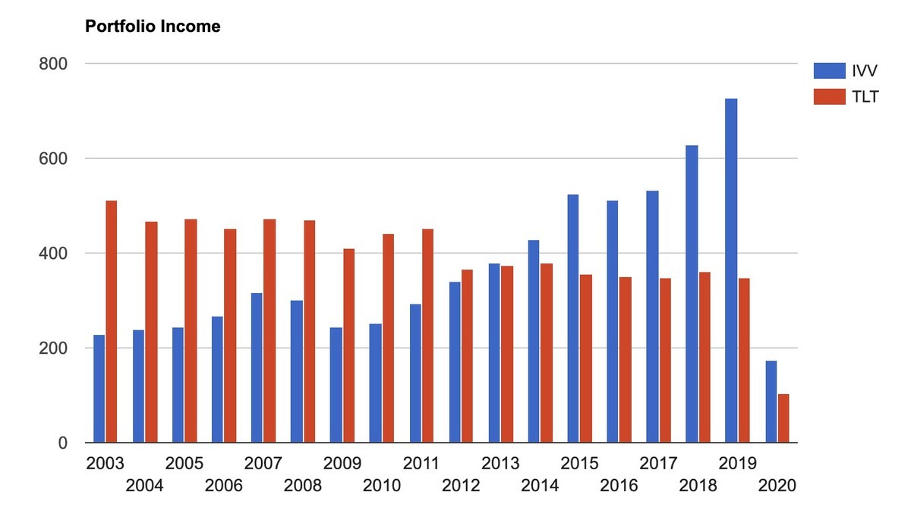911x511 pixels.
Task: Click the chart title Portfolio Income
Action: tap(153, 27)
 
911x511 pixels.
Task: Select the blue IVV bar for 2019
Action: tap(731, 270)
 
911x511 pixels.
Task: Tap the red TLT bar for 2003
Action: tap(112, 321)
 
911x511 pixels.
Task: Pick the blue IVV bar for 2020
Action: tap(771, 402)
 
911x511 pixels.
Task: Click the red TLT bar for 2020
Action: tap(783, 418)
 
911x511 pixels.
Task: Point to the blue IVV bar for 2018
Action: tap(692, 294)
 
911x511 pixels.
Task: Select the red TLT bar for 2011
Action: tap(427, 336)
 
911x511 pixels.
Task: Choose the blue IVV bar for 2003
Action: tap(99, 389)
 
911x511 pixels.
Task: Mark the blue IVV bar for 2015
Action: tap(573, 319)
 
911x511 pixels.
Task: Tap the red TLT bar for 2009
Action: tap(348, 345)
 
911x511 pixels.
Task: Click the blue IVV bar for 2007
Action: tap(257, 367)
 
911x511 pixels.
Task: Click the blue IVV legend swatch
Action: tap(829, 71)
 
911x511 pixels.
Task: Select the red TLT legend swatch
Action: tap(829, 97)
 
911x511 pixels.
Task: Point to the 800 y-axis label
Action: tap(53, 64)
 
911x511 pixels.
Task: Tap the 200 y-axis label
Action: tap(53, 349)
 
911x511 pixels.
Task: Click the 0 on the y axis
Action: tap(62, 443)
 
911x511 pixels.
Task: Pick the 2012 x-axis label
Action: tap(461, 485)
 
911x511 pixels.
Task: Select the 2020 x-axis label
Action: tap(777, 485)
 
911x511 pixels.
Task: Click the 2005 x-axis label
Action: tap(184, 463)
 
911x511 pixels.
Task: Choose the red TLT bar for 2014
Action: tap(546, 353)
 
